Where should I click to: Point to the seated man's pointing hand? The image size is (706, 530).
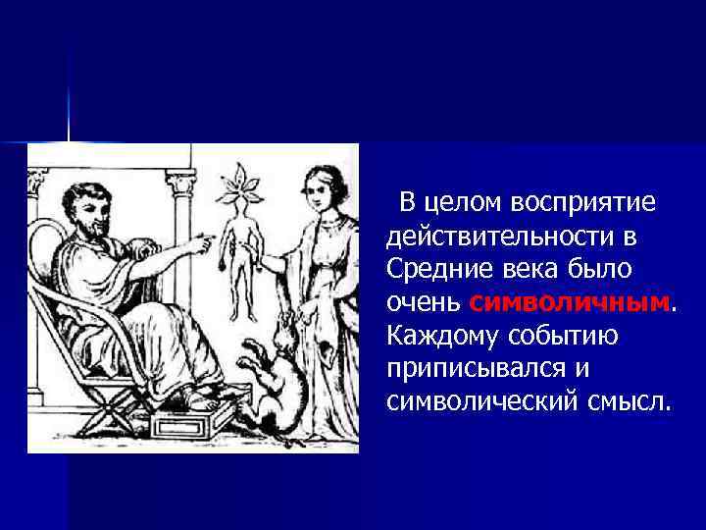199,239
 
